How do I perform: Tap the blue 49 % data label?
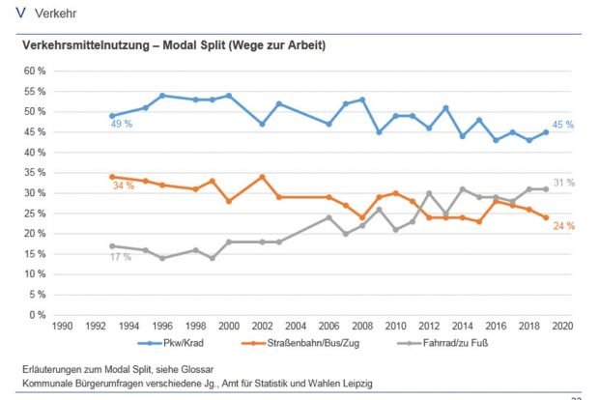(121, 125)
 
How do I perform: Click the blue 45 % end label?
(564, 125)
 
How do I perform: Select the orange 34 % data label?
(123, 185)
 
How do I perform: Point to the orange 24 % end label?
(564, 225)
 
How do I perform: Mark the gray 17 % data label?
(121, 256)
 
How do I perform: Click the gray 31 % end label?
(564, 183)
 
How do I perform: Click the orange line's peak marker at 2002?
(261, 177)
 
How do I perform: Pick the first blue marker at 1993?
(112, 116)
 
